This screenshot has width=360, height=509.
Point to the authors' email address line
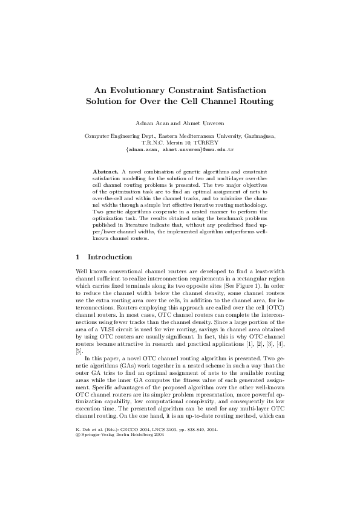pos(180,149)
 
